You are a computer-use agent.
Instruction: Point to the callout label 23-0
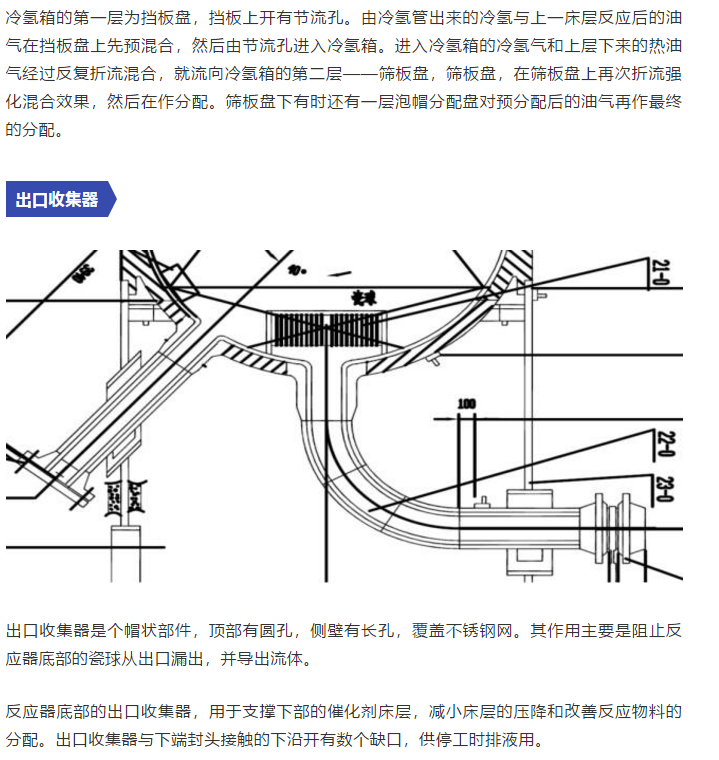coord(661,491)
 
